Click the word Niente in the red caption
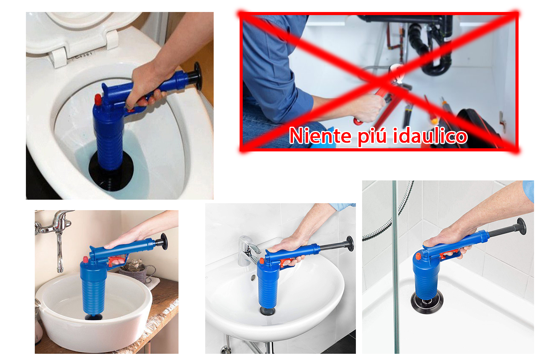(320, 136)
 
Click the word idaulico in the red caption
(430, 136)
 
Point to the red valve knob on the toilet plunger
(98, 99)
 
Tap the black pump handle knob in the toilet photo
(198, 76)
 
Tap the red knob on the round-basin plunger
(85, 260)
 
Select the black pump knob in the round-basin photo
(164, 241)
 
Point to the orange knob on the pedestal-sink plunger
(262, 261)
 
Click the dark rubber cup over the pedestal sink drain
(267, 311)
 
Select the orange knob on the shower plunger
(419, 256)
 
